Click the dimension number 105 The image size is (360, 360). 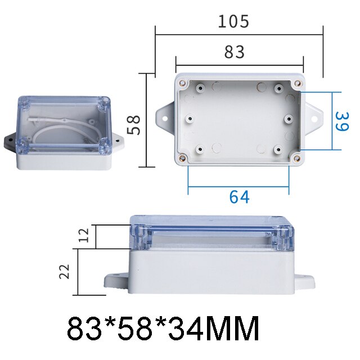click(x=233, y=22)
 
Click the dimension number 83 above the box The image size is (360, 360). click(x=235, y=52)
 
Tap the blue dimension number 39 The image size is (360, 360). click(x=340, y=121)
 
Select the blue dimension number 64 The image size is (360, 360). click(x=239, y=197)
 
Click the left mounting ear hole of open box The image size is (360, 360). click(x=166, y=119)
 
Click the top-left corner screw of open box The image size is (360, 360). click(x=183, y=84)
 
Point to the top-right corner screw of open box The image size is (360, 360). click(x=296, y=84)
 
